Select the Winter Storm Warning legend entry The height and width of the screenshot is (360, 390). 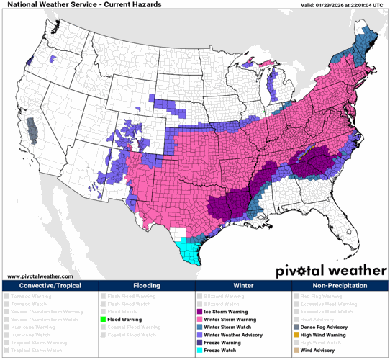(x=230, y=319)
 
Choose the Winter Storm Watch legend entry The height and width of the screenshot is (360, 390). (x=227, y=327)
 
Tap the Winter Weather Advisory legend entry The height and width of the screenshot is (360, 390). (x=232, y=335)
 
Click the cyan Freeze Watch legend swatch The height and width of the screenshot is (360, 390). (x=199, y=351)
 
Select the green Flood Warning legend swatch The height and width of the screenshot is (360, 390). (x=103, y=319)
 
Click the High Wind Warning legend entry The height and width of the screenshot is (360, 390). (x=323, y=335)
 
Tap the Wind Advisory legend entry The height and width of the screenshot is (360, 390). (x=316, y=351)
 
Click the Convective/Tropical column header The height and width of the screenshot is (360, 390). (x=49, y=286)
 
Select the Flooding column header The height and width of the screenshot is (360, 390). (x=146, y=286)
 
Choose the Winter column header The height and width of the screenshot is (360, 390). (x=243, y=286)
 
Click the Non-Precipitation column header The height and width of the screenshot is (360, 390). (x=340, y=286)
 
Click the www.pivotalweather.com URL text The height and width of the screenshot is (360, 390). (x=40, y=276)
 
